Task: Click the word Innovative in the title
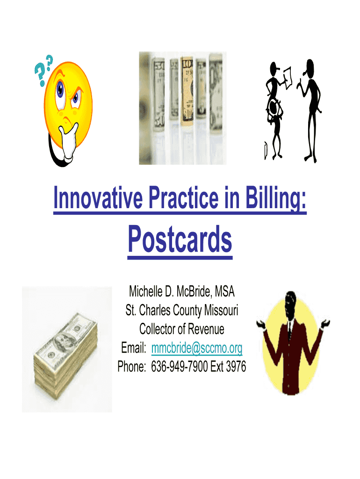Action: (98, 197)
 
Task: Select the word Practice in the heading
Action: (184, 197)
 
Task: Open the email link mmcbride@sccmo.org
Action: (197, 348)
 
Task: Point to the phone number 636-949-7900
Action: (180, 367)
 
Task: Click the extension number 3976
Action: (236, 367)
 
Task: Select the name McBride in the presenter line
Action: (194, 291)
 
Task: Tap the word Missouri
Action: (221, 310)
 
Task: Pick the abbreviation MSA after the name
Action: (225, 291)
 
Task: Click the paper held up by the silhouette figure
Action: (288, 78)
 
